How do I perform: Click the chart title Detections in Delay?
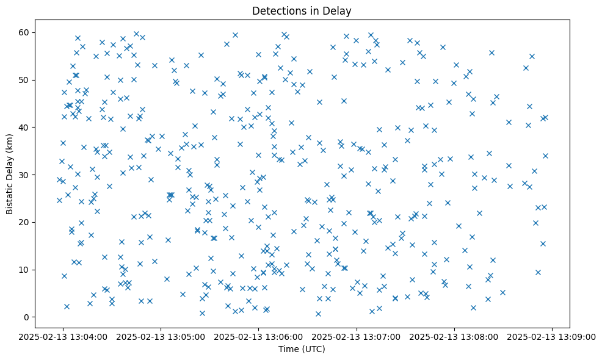302,11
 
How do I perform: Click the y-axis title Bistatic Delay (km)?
9,175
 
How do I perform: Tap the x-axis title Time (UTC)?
302,349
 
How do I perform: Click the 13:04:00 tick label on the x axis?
63,336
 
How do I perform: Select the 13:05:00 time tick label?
161,336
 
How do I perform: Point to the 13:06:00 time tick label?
259,336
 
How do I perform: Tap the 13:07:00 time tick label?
357,336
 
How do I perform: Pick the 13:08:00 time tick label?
454,336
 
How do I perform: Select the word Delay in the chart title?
339,11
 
